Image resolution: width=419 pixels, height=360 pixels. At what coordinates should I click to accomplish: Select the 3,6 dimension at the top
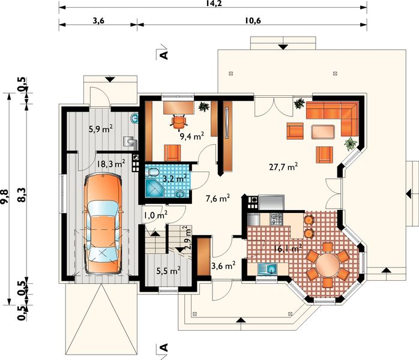click(x=98, y=20)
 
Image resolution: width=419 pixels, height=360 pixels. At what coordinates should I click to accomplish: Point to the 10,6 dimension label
click(x=253, y=20)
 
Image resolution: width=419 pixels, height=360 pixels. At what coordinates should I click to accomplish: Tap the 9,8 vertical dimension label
click(x=5, y=197)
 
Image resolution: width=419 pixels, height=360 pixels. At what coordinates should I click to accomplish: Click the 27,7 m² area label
click(x=283, y=167)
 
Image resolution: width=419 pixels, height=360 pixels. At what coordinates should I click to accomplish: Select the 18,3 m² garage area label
click(x=111, y=163)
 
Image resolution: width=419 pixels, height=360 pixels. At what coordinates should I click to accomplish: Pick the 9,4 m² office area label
click(x=192, y=136)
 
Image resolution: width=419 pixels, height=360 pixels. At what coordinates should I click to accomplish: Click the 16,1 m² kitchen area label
click(x=288, y=248)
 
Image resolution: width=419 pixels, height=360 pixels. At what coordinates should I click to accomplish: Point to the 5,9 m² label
click(x=101, y=129)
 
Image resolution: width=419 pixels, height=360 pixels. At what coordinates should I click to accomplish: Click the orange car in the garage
click(x=103, y=223)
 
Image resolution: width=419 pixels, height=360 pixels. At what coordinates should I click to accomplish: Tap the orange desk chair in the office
click(x=178, y=122)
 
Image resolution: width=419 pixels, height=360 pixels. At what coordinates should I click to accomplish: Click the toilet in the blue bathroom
click(x=152, y=172)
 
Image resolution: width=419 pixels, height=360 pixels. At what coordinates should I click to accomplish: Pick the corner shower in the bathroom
click(x=155, y=188)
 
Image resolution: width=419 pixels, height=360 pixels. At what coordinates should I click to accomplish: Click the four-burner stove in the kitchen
click(x=276, y=219)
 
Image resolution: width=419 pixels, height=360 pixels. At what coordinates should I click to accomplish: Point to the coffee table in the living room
click(x=323, y=131)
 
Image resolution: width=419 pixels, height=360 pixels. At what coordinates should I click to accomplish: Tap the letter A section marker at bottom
click(x=163, y=347)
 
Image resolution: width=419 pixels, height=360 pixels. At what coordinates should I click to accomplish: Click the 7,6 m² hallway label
click(x=218, y=199)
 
